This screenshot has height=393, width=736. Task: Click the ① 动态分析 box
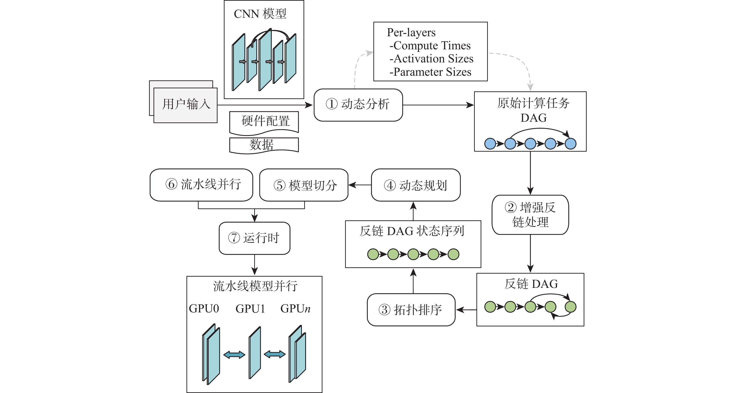pyautogui.click(x=358, y=105)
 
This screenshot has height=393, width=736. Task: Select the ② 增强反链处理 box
pyautogui.click(x=530, y=215)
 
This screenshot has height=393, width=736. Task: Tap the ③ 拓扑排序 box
pyautogui.click(x=411, y=310)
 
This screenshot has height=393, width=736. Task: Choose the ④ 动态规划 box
pyautogui.click(x=416, y=185)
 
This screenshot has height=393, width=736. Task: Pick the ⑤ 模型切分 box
pyautogui.click(x=304, y=185)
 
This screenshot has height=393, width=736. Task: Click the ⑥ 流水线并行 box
pyautogui.click(x=201, y=185)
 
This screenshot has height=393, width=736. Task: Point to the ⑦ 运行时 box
pyautogui.click(x=254, y=238)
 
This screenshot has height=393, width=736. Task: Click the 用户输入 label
pyautogui.click(x=186, y=104)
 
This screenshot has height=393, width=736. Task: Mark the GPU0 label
pyautogui.click(x=204, y=309)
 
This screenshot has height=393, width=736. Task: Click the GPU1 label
pyautogui.click(x=250, y=309)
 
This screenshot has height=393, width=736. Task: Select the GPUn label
pyautogui.click(x=295, y=309)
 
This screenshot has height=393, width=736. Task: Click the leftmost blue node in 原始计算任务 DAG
pyautogui.click(x=490, y=144)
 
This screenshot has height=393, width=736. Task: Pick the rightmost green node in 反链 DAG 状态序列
pyautogui.click(x=454, y=254)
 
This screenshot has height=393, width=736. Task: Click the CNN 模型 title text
pyautogui.click(x=260, y=14)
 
